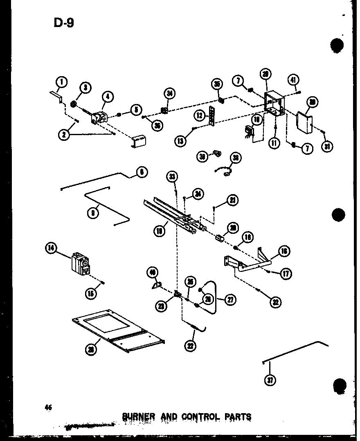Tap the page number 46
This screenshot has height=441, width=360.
click(49, 407)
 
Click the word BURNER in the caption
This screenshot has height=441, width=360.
click(139, 417)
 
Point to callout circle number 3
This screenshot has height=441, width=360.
click(85, 87)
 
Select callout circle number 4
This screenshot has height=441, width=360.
click(108, 97)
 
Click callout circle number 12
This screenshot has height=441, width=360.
click(199, 116)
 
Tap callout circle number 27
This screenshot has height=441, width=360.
click(230, 300)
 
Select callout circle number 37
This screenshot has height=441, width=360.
click(270, 380)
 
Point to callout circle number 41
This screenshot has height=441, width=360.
click(293, 79)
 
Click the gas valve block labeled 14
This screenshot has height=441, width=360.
click(81, 262)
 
